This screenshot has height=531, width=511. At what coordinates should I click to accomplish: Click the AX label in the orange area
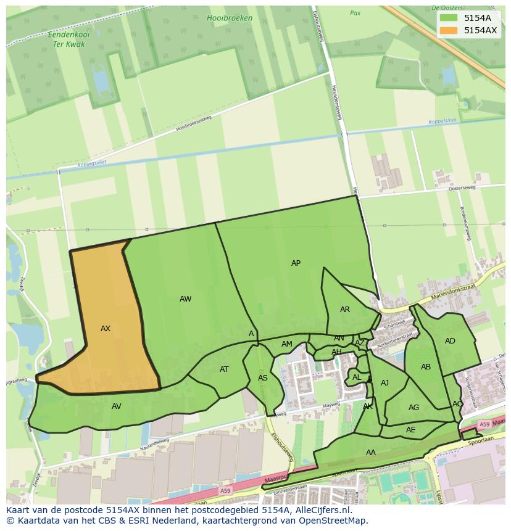pyautogui.click(x=106, y=329)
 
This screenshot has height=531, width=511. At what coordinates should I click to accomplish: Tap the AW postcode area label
pyautogui.click(x=185, y=299)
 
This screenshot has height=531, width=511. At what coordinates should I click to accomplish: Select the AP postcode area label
pyautogui.click(x=296, y=263)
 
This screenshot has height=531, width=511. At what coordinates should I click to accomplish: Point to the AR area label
pyautogui.click(x=345, y=310)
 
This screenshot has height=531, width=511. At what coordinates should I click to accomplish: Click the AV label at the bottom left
pyautogui.click(x=117, y=406)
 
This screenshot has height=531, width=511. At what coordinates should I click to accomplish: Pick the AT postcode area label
pyautogui.click(x=224, y=369)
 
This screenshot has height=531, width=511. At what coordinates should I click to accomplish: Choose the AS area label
pyautogui.click(x=263, y=378)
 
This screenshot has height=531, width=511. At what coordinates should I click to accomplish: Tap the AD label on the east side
pyautogui.click(x=450, y=341)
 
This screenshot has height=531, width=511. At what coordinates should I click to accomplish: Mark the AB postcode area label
pyautogui.click(x=426, y=367)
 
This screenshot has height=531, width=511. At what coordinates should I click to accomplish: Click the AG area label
pyautogui.click(x=413, y=408)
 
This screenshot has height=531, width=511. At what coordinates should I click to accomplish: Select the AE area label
pyautogui.click(x=411, y=430)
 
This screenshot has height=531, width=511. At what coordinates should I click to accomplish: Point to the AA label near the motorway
pyautogui.click(x=371, y=453)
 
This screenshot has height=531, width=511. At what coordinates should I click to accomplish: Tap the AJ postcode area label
pyautogui.click(x=385, y=383)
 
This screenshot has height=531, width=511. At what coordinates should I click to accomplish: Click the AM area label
pyautogui.click(x=287, y=344)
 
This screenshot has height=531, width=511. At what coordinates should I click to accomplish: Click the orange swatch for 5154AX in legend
pyautogui.click(x=449, y=30)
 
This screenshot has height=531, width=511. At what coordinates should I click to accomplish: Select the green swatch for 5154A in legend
pyautogui.click(x=449, y=18)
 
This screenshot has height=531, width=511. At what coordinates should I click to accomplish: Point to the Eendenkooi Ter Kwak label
pyautogui.click(x=69, y=40)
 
